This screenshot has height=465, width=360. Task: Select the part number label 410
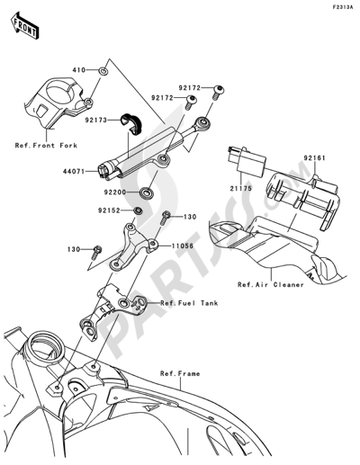click(x=79, y=68)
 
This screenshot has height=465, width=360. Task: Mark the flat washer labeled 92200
click(x=145, y=192)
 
